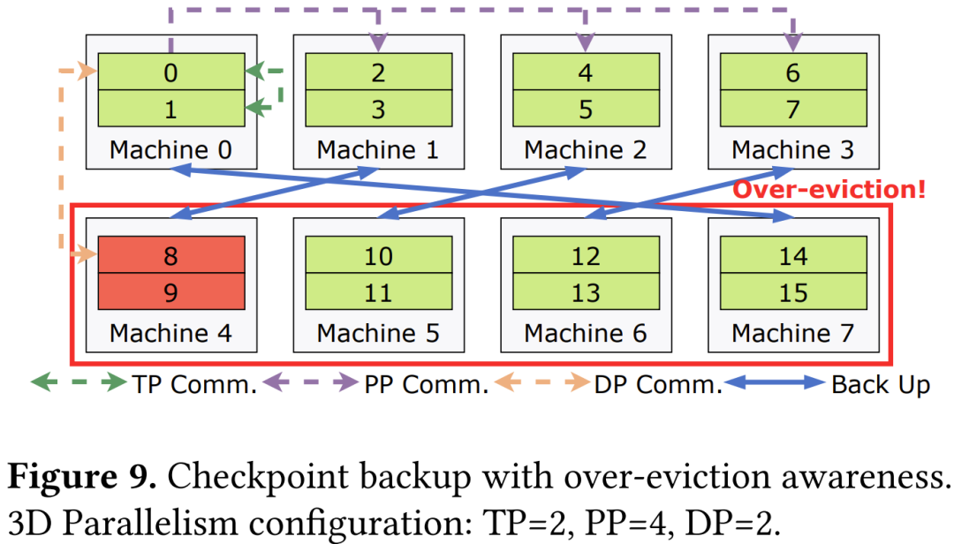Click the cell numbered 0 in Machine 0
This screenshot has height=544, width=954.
coord(170,72)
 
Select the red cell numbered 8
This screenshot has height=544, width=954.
coord(170,256)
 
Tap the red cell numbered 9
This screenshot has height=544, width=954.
coord(170,292)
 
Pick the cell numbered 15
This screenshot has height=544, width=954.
coord(793,292)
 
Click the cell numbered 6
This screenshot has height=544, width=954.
coord(793,72)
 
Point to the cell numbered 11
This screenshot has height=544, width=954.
coord(378,292)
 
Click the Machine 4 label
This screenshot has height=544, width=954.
coord(170,334)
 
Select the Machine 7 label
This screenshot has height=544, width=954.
coord(793,334)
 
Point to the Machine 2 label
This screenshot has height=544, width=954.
coord(586,149)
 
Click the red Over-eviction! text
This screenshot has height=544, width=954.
coord(829,189)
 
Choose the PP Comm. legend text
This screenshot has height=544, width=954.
coord(426,385)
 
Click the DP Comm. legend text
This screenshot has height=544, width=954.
coord(658,385)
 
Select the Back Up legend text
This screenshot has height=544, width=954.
coord(880,385)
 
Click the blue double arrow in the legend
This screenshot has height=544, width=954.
coord(775,383)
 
